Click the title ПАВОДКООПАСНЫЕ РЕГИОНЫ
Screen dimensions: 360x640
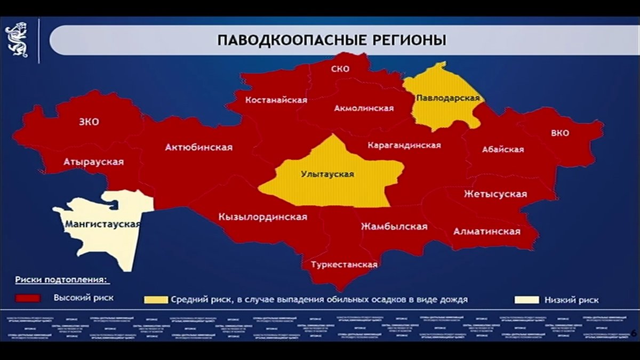pyautogui.click(x=331, y=41)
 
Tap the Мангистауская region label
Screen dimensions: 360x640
pyautogui.click(x=102, y=225)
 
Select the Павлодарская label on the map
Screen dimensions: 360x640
pyautogui.click(x=448, y=99)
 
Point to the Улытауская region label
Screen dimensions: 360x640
pyautogui.click(x=327, y=174)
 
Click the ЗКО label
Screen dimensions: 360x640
pyautogui.click(x=89, y=122)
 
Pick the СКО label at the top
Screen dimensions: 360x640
pyautogui.click(x=340, y=69)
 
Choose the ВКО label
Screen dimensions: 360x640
pyautogui.click(x=559, y=133)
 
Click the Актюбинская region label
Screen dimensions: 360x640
pyautogui.click(x=198, y=147)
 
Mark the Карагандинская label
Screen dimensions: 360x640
pyautogui.click(x=404, y=145)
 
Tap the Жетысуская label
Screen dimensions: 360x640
pyautogui.click(x=495, y=194)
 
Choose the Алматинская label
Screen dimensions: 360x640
pyautogui.click(x=486, y=231)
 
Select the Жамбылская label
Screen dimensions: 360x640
pyautogui.click(x=394, y=227)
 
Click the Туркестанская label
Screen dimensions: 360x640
pyautogui.click(x=344, y=265)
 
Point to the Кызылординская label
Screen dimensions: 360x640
pyautogui.click(x=262, y=217)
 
